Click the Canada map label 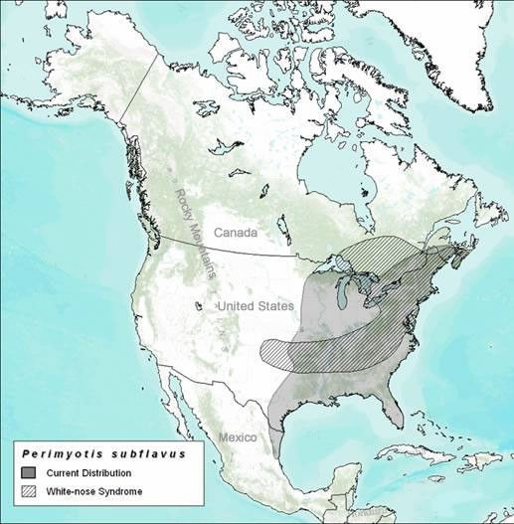tap(263, 233)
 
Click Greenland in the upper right tap(437, 40)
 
